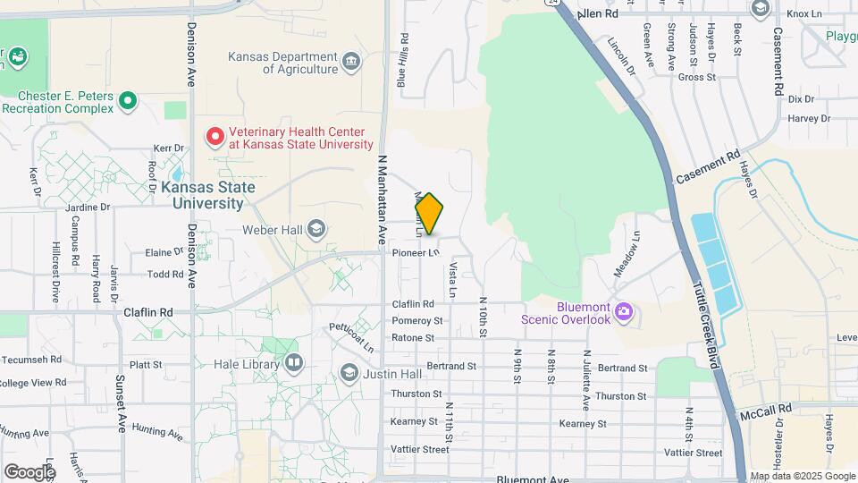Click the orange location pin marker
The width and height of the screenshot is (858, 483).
tap(429, 214)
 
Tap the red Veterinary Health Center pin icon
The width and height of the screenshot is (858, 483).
tap(215, 137)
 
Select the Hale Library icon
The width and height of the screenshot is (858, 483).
tap(294, 363)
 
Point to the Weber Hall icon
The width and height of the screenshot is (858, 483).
tap(315, 230)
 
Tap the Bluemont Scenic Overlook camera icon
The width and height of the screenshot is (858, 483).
tap(624, 312)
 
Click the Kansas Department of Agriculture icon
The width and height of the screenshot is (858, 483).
tap(351, 63)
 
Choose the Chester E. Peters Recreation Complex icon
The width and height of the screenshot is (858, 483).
tap(128, 101)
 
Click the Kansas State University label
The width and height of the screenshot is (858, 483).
tap(208, 195)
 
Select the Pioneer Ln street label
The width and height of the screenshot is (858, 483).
tap(416, 253)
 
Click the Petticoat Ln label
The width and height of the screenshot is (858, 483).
tap(350, 336)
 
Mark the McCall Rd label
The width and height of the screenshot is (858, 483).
tap(766, 409)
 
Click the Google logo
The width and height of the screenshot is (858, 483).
tap(29, 471)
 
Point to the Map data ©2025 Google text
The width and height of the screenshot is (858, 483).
tap(803, 477)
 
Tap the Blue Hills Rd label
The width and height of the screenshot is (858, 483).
tap(403, 61)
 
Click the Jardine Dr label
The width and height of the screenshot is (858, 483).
tap(87, 207)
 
